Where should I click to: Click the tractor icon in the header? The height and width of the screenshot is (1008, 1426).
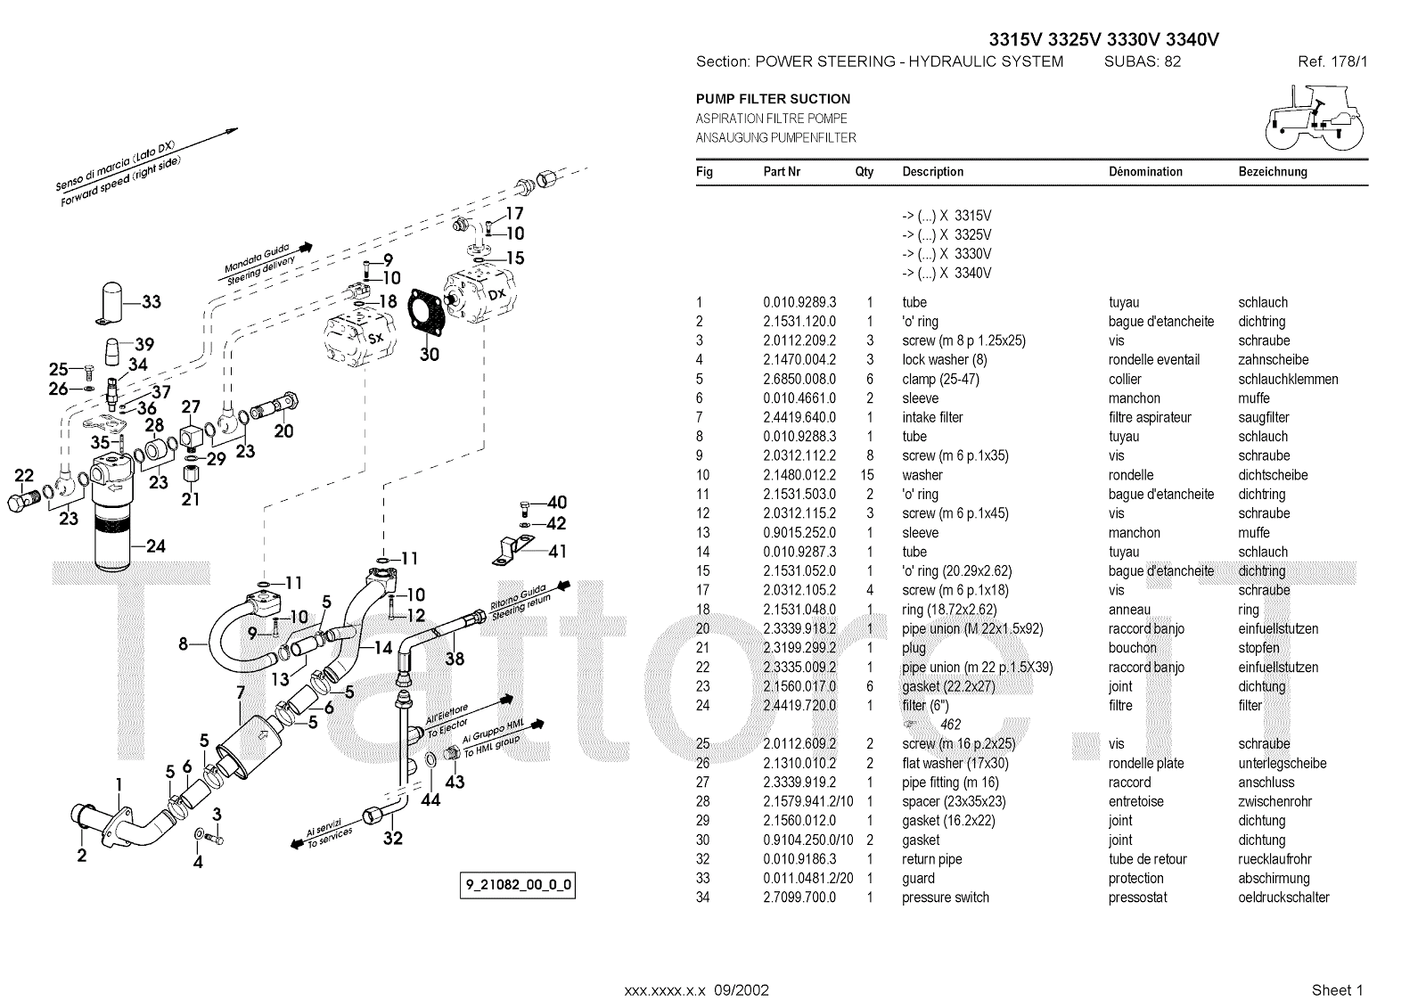click(x=1315, y=119)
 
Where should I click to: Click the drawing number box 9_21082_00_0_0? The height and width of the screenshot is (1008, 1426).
click(x=518, y=886)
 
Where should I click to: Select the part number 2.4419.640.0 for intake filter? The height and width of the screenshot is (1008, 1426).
click(x=799, y=417)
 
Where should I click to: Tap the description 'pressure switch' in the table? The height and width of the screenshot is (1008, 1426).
click(x=945, y=897)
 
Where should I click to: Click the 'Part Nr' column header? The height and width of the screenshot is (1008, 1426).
click(x=782, y=172)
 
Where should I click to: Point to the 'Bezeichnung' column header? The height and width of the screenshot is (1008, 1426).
click(x=1272, y=172)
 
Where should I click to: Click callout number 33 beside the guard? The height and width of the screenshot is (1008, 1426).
click(x=152, y=302)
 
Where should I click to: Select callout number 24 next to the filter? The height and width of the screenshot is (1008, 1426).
click(x=155, y=546)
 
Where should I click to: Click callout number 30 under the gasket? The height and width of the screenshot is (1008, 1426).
click(x=430, y=355)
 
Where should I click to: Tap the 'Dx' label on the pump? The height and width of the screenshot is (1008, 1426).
click(x=496, y=293)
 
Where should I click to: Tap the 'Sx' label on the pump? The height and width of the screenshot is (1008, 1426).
click(x=376, y=338)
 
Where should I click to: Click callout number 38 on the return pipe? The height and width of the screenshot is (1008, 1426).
click(x=455, y=660)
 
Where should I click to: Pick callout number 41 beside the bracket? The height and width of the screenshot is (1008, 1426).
click(x=556, y=552)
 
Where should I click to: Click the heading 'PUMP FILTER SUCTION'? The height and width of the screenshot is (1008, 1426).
click(x=773, y=99)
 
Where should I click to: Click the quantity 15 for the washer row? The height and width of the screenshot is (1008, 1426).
click(x=869, y=475)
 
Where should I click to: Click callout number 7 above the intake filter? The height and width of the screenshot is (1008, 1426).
click(x=240, y=692)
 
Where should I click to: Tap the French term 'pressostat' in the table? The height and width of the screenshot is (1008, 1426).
click(x=1137, y=897)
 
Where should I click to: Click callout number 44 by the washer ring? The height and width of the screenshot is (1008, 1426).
click(x=430, y=800)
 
